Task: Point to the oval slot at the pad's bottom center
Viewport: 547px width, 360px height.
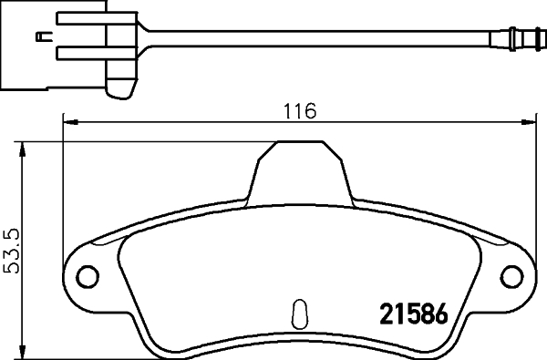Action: pos(296,313)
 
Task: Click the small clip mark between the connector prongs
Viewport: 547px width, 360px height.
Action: pos(42,36)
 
